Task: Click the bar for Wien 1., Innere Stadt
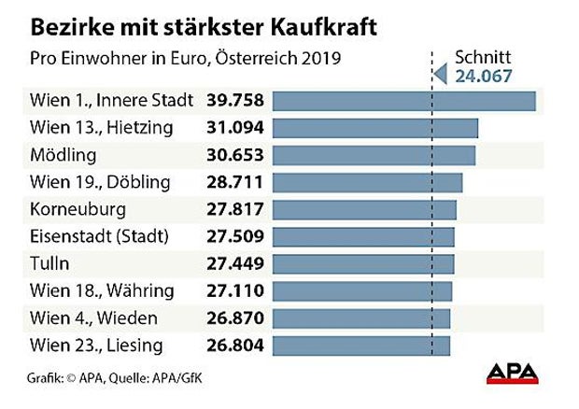pyautogui.click(x=405, y=100)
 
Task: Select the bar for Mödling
pyautogui.click(x=375, y=154)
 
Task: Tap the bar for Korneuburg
pyautogui.click(x=366, y=209)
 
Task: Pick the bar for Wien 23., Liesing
pyautogui.click(x=363, y=346)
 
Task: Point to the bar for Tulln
pyautogui.click(x=365, y=263)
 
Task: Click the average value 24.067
pyautogui.click(x=484, y=77)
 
